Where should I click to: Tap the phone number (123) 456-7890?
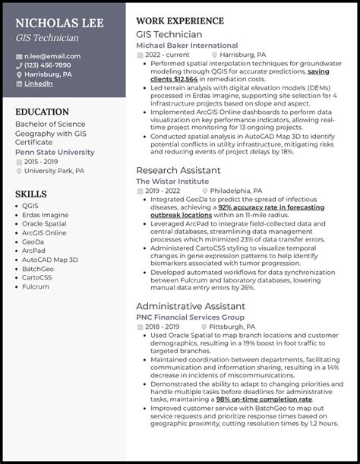click(x=49, y=65)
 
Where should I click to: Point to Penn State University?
click(x=55, y=152)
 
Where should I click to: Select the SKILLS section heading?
click(x=30, y=194)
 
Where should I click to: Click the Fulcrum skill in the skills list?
click(x=36, y=286)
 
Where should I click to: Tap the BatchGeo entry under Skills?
click(x=39, y=268)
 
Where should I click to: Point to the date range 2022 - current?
click(x=167, y=55)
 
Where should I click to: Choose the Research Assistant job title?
click(x=178, y=170)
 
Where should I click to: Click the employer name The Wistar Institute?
click(x=172, y=182)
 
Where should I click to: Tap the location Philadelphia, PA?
click(x=236, y=191)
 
